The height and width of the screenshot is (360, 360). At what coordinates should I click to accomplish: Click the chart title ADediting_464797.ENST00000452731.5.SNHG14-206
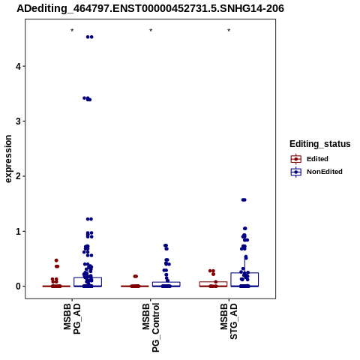point(150,8)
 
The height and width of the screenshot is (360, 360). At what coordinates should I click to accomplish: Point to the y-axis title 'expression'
point(8,159)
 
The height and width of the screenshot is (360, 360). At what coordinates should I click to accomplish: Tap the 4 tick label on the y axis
point(18,67)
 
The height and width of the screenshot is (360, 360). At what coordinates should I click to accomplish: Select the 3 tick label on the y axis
point(18,121)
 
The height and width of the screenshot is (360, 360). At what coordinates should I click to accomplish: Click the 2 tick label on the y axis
point(18,176)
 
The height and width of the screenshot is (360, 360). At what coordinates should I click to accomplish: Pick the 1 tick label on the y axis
point(18,232)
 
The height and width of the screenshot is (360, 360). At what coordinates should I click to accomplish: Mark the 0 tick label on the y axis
point(18,286)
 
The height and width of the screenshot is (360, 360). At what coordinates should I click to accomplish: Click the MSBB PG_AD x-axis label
point(72,319)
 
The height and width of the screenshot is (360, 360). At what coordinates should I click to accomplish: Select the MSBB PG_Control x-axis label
point(151,328)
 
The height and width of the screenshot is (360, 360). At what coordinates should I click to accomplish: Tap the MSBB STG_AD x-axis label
point(229,322)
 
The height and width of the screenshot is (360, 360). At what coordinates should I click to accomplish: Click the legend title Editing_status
point(319,144)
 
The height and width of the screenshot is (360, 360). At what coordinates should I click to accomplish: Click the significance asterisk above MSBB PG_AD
point(72,31)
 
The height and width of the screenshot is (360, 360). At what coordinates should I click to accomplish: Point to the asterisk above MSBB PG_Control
point(151,31)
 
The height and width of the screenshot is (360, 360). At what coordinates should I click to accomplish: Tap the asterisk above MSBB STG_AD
point(229,31)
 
